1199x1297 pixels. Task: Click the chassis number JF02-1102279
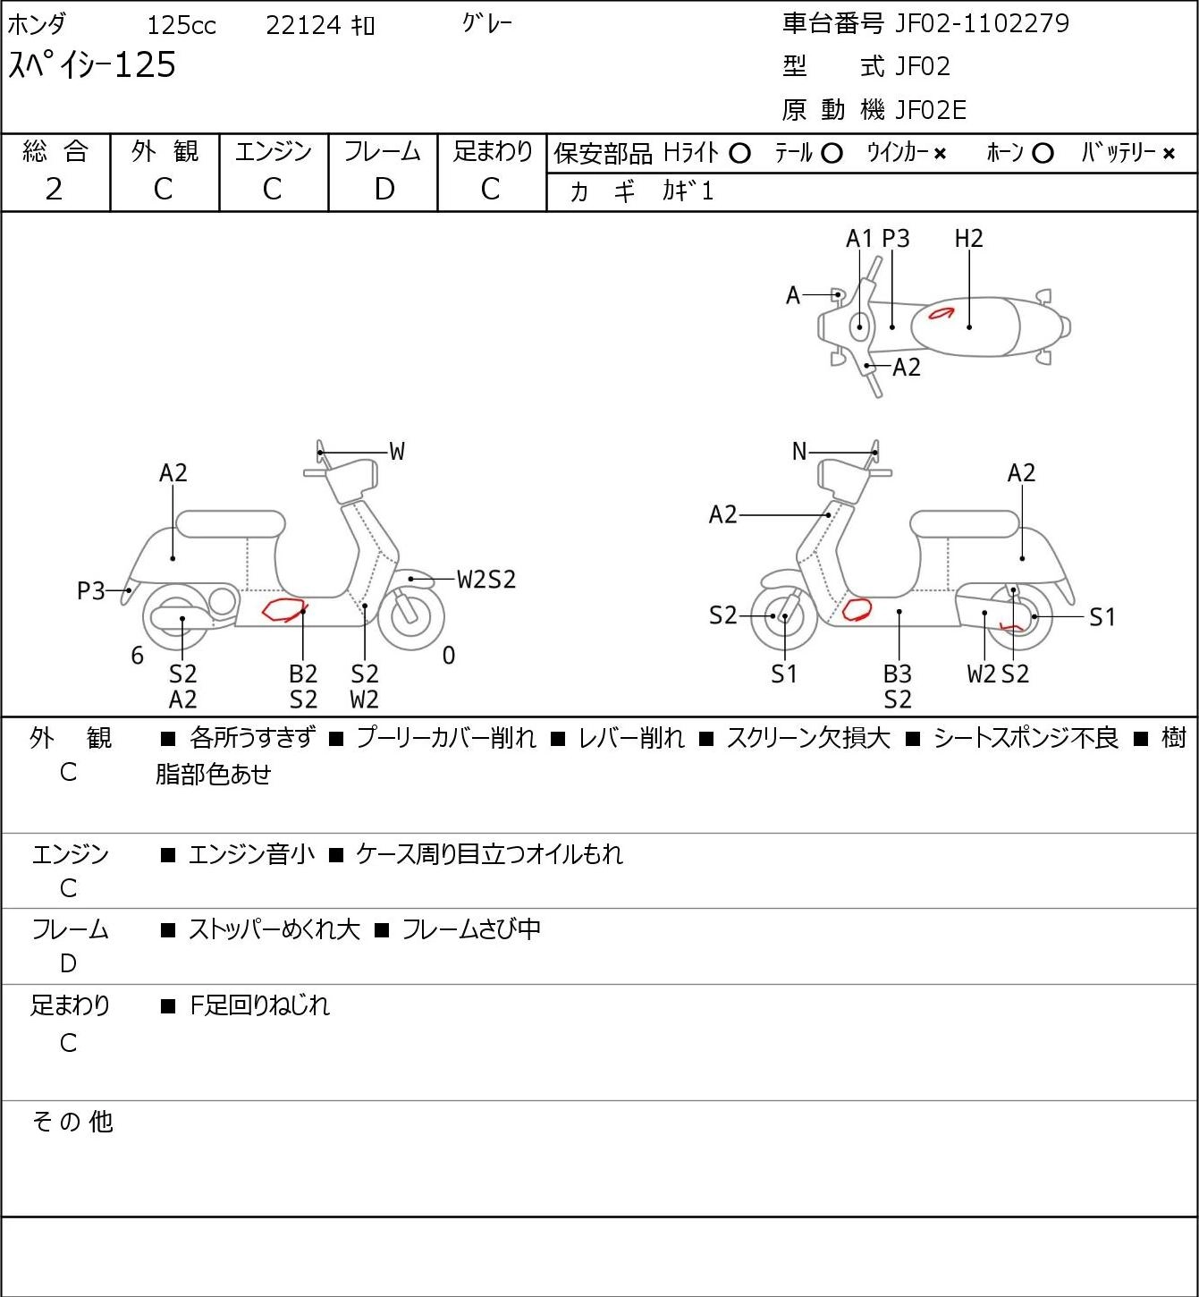(982, 23)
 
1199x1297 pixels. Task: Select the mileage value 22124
(303, 25)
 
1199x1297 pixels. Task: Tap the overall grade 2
(54, 190)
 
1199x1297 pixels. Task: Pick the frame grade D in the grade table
(384, 190)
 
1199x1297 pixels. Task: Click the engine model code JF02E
(930, 110)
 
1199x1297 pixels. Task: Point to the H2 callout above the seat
(968, 239)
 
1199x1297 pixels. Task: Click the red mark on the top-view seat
(941, 313)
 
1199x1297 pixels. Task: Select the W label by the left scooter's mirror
(396, 452)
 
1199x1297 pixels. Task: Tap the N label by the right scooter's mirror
(799, 452)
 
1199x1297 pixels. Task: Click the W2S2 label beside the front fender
(486, 580)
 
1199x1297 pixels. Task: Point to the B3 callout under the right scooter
(898, 674)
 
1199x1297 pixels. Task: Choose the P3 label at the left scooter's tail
(91, 591)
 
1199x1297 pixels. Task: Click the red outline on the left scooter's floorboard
(284, 609)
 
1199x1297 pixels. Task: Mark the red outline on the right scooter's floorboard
(857, 609)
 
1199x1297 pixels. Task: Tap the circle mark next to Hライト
(739, 154)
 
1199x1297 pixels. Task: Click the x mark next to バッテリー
(1169, 154)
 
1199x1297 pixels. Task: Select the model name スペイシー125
(92, 65)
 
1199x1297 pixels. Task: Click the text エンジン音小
(251, 854)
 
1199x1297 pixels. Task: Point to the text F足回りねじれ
(259, 1005)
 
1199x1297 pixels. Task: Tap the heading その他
(72, 1122)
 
